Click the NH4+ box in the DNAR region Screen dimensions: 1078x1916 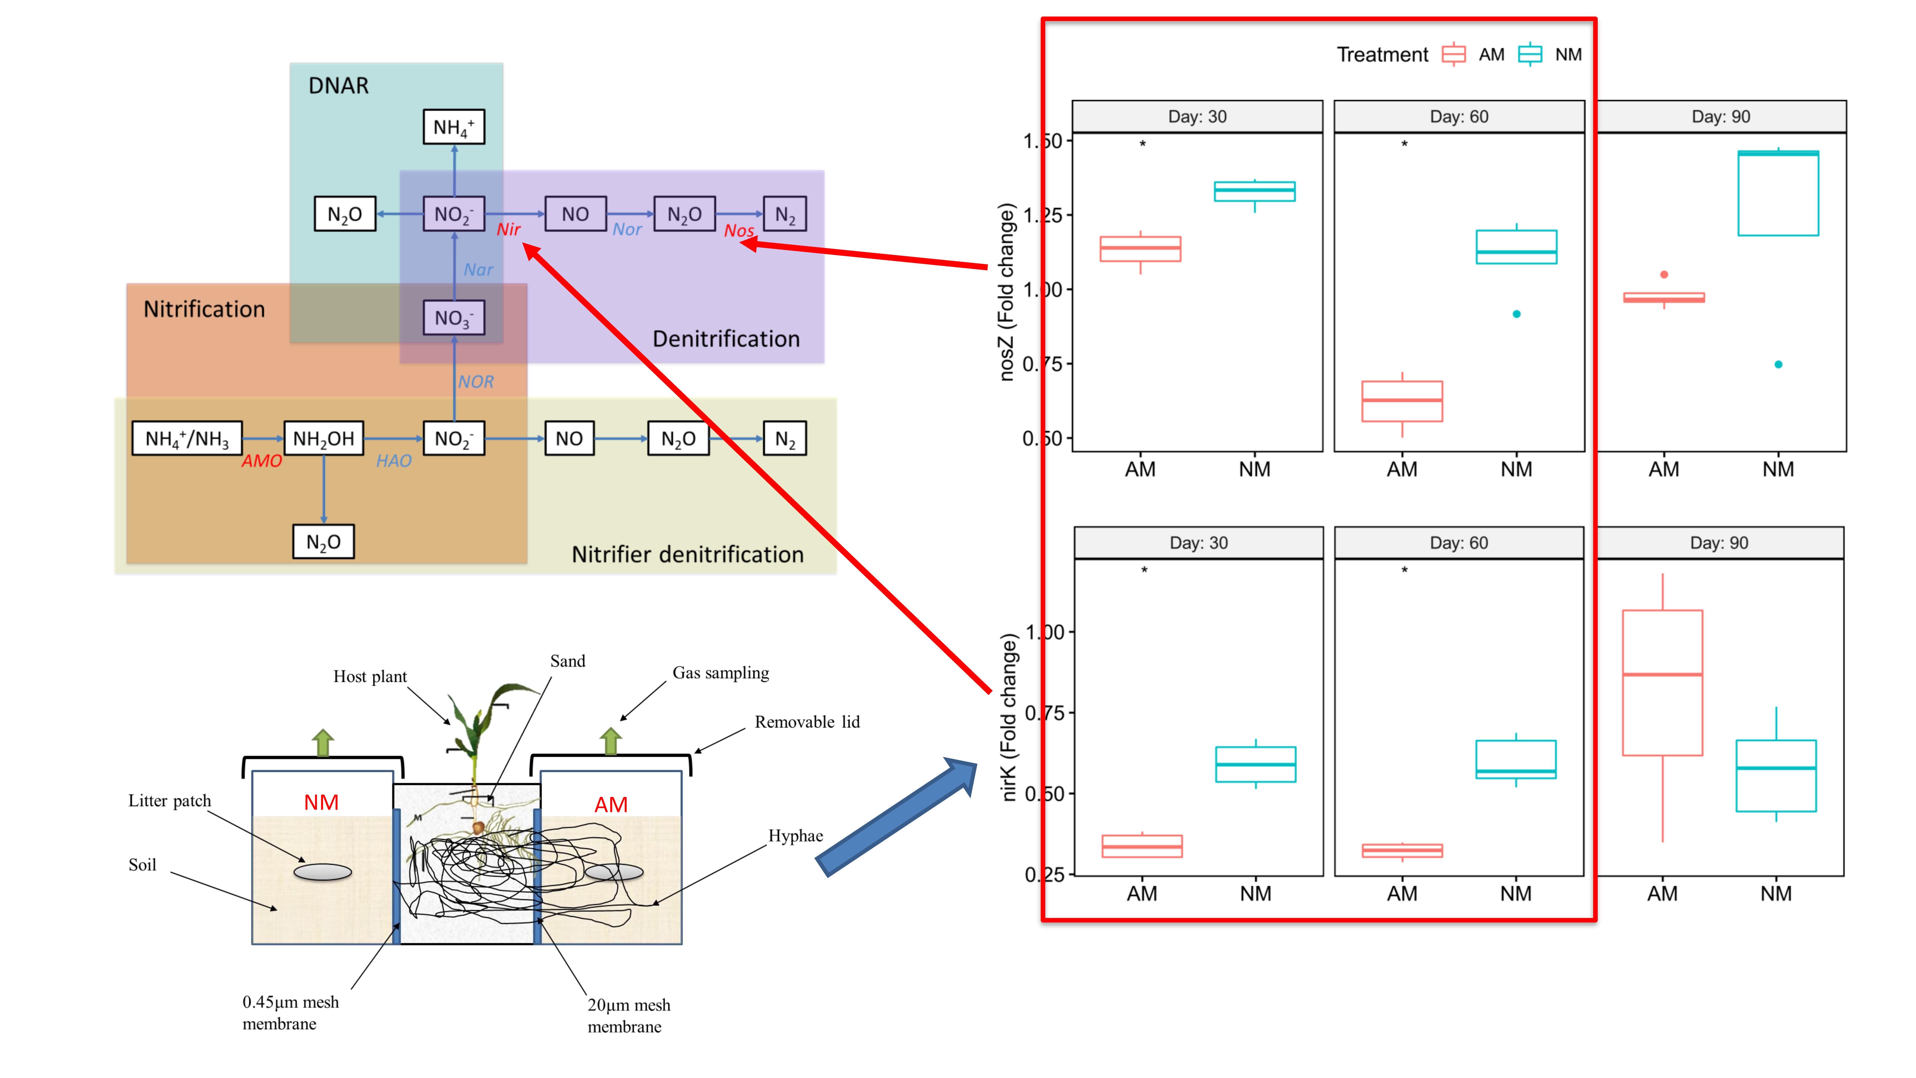(454, 127)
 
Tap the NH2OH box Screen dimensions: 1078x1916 (324, 439)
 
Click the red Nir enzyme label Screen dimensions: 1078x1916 (509, 230)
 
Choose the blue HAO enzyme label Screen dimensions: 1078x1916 (394, 461)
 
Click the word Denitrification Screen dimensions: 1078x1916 (726, 339)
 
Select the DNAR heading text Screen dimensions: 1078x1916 (338, 86)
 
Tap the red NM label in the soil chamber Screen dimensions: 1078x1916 (321, 803)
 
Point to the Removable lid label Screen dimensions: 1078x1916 (807, 722)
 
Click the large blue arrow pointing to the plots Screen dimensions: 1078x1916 (896, 816)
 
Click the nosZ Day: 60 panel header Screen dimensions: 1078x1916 (1459, 117)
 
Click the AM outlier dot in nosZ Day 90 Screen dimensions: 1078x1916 (1664, 274)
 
